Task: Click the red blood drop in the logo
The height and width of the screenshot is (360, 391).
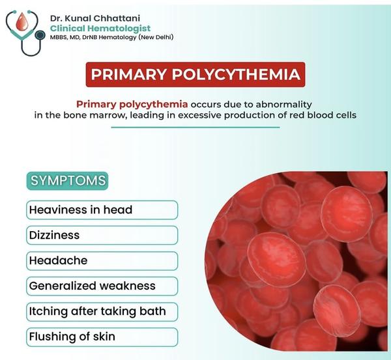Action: pyautogui.click(x=22, y=22)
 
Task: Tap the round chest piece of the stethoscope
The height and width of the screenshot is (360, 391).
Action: pyautogui.click(x=40, y=35)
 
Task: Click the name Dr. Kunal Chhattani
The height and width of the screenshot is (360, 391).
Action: pyautogui.click(x=95, y=18)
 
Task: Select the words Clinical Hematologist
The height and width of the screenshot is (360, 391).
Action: pyautogui.click(x=100, y=29)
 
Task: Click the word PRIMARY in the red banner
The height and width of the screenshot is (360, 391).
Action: pyautogui.click(x=128, y=74)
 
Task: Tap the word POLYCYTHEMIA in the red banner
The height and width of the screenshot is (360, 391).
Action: pyautogui.click(x=236, y=74)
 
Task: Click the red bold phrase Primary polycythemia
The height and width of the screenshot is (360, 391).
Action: pyautogui.click(x=132, y=104)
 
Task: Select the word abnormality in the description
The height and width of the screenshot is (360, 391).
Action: pyautogui.click(x=283, y=104)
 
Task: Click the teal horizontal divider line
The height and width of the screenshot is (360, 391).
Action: pyautogui.click(x=195, y=128)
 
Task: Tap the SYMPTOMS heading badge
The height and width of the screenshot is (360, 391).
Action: pyautogui.click(x=67, y=180)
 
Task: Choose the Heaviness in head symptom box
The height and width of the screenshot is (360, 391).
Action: pyautogui.click(x=102, y=210)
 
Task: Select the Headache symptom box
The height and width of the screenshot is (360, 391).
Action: pyautogui.click(x=102, y=261)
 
